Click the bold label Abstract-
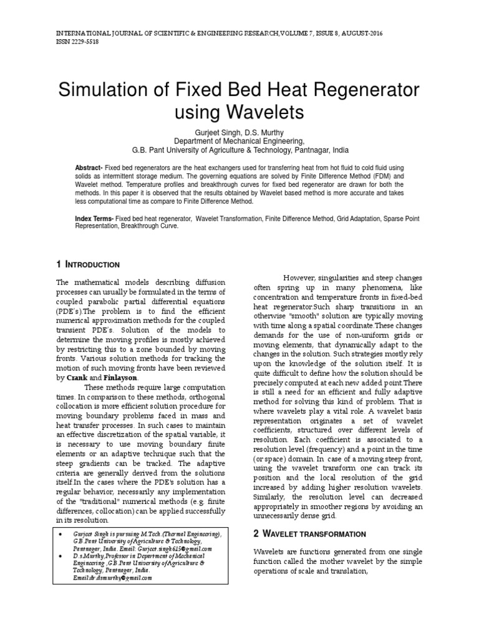[89, 169]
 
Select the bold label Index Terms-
[94, 219]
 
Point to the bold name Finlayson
[116, 377]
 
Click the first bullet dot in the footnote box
[59, 534]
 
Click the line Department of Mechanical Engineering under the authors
[239, 141]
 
